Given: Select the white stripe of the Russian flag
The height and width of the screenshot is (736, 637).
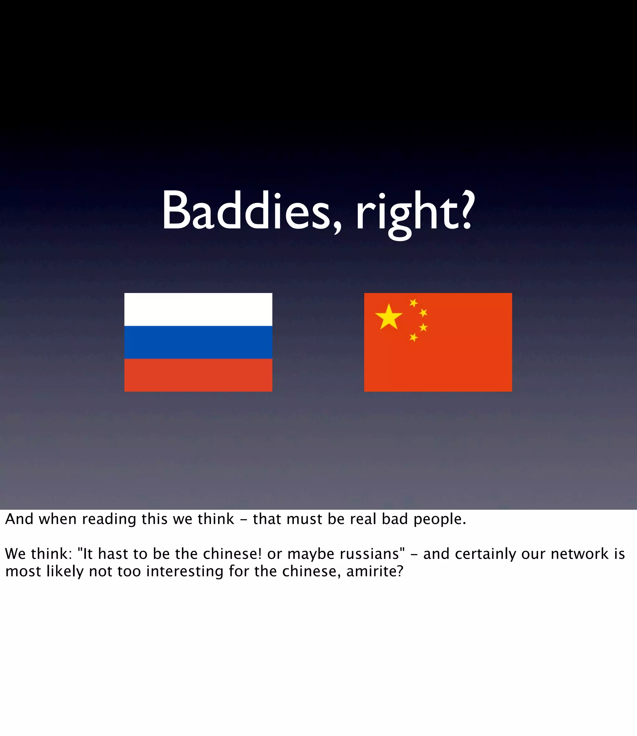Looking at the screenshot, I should tap(198, 309).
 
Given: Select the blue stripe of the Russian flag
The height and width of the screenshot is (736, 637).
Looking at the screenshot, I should tap(198, 342).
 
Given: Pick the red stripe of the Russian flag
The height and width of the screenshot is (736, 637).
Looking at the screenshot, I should tap(198, 375).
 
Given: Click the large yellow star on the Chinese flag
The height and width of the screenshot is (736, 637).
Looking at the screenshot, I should tap(388, 317).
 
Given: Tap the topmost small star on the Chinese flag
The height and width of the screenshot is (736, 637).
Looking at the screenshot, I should tap(413, 303).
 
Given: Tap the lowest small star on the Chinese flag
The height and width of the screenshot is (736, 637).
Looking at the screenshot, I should tap(413, 337).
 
